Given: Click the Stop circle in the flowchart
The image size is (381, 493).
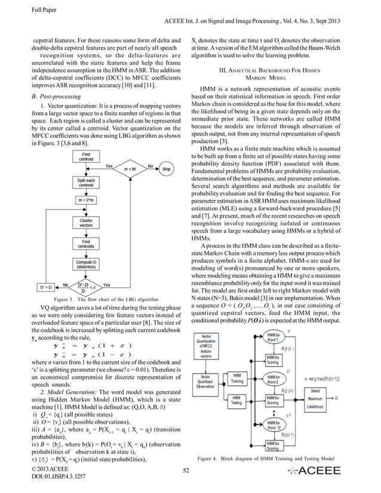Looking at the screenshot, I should pos(167,169).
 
